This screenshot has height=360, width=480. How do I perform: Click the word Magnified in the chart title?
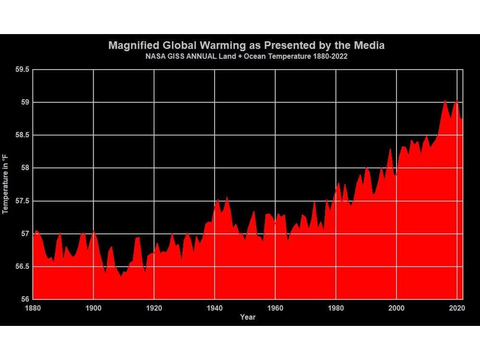tap(130, 46)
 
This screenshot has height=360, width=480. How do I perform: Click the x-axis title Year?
tap(248, 317)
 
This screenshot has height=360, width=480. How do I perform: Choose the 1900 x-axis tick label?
tap(93, 307)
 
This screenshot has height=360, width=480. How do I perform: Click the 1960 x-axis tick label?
tap(275, 307)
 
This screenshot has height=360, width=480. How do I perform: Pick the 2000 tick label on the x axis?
tap(396, 307)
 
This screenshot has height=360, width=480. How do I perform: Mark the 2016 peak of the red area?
tap(445, 100)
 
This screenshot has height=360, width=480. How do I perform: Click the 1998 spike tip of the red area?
tap(390, 149)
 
